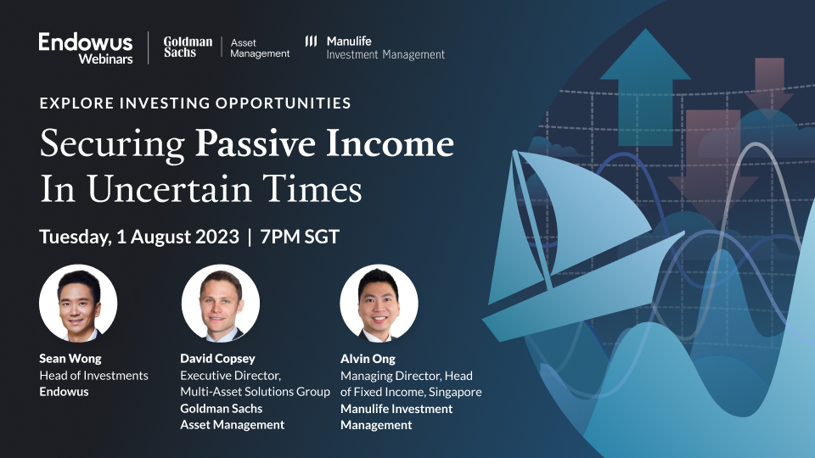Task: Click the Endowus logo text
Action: pyautogui.click(x=86, y=42)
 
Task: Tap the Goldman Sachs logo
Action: pyautogui.click(x=188, y=47)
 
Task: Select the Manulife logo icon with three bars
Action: pyautogui.click(x=312, y=41)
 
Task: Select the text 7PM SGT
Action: pyautogui.click(x=300, y=237)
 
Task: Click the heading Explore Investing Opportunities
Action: pyautogui.click(x=195, y=103)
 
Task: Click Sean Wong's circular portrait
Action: pyautogui.click(x=78, y=303)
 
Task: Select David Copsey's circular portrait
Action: pyautogui.click(x=221, y=303)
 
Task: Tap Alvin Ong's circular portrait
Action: pyautogui.click(x=379, y=303)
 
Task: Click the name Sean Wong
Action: pyautogui.click(x=70, y=358)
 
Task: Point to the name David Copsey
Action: pyautogui.click(x=216, y=358)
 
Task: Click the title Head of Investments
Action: pyautogui.click(x=93, y=375)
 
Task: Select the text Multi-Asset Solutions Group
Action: pyautogui.click(x=255, y=392)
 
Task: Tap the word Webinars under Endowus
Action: pyautogui.click(x=106, y=59)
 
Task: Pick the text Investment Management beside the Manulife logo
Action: pyautogui.click(x=385, y=55)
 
